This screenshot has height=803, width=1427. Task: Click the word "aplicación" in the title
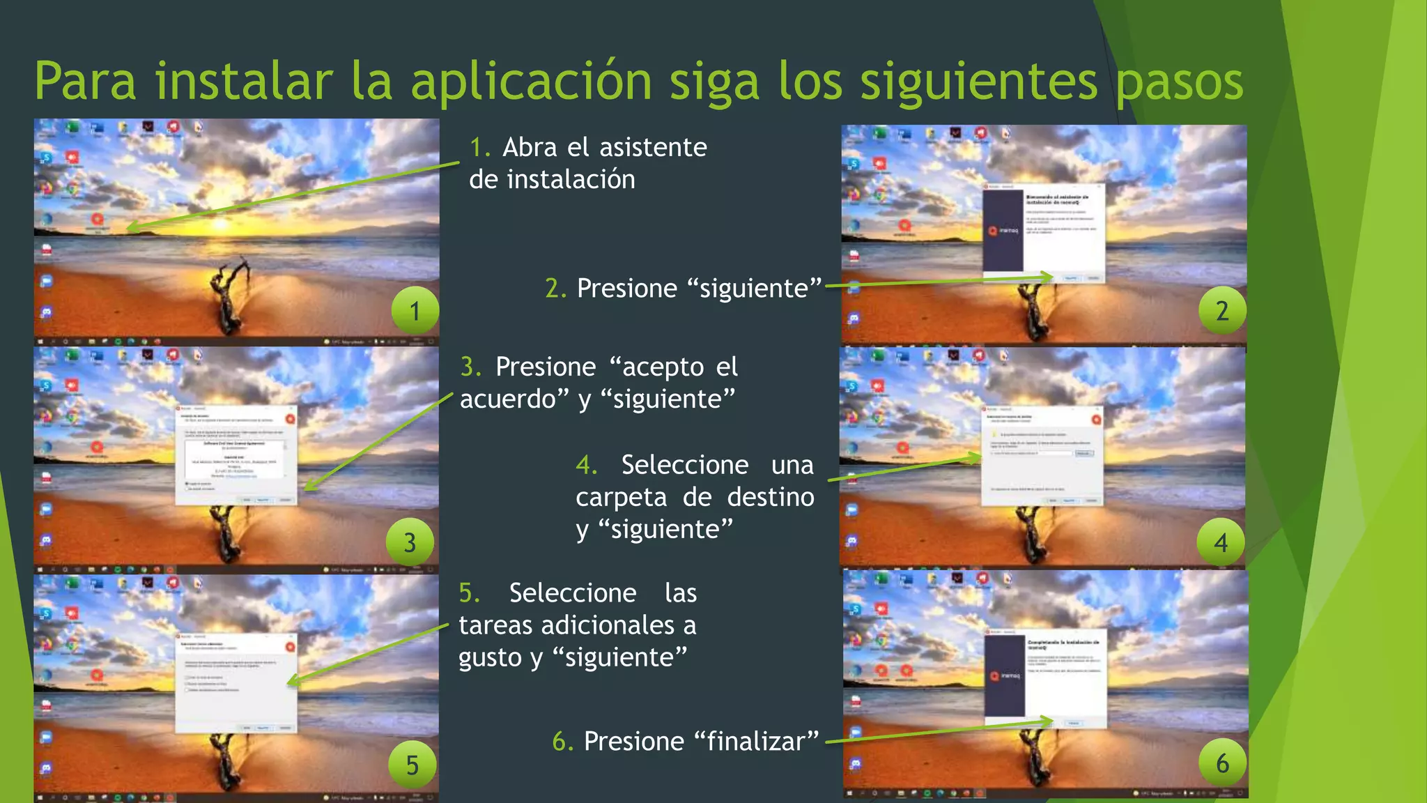pyautogui.click(x=531, y=82)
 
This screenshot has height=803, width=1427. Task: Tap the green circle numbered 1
pyautogui.click(x=415, y=310)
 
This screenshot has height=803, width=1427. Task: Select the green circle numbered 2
pyautogui.click(x=1222, y=310)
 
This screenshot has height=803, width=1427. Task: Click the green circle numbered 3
pyautogui.click(x=410, y=542)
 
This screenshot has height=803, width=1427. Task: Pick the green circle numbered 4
pyautogui.click(x=1221, y=542)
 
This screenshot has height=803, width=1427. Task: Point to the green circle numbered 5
pyautogui.click(x=412, y=765)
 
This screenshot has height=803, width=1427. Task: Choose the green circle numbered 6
pyautogui.click(x=1222, y=763)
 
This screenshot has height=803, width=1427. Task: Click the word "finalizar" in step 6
pyautogui.click(x=757, y=741)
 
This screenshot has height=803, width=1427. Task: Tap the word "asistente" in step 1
pyautogui.click(x=653, y=147)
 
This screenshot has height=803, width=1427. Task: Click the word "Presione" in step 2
pyautogui.click(x=626, y=288)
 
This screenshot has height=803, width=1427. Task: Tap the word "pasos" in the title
pyautogui.click(x=1179, y=82)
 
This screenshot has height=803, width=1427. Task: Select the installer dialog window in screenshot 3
pyautogui.click(x=237, y=454)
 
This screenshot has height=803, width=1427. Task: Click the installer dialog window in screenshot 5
pyautogui.click(x=236, y=682)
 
